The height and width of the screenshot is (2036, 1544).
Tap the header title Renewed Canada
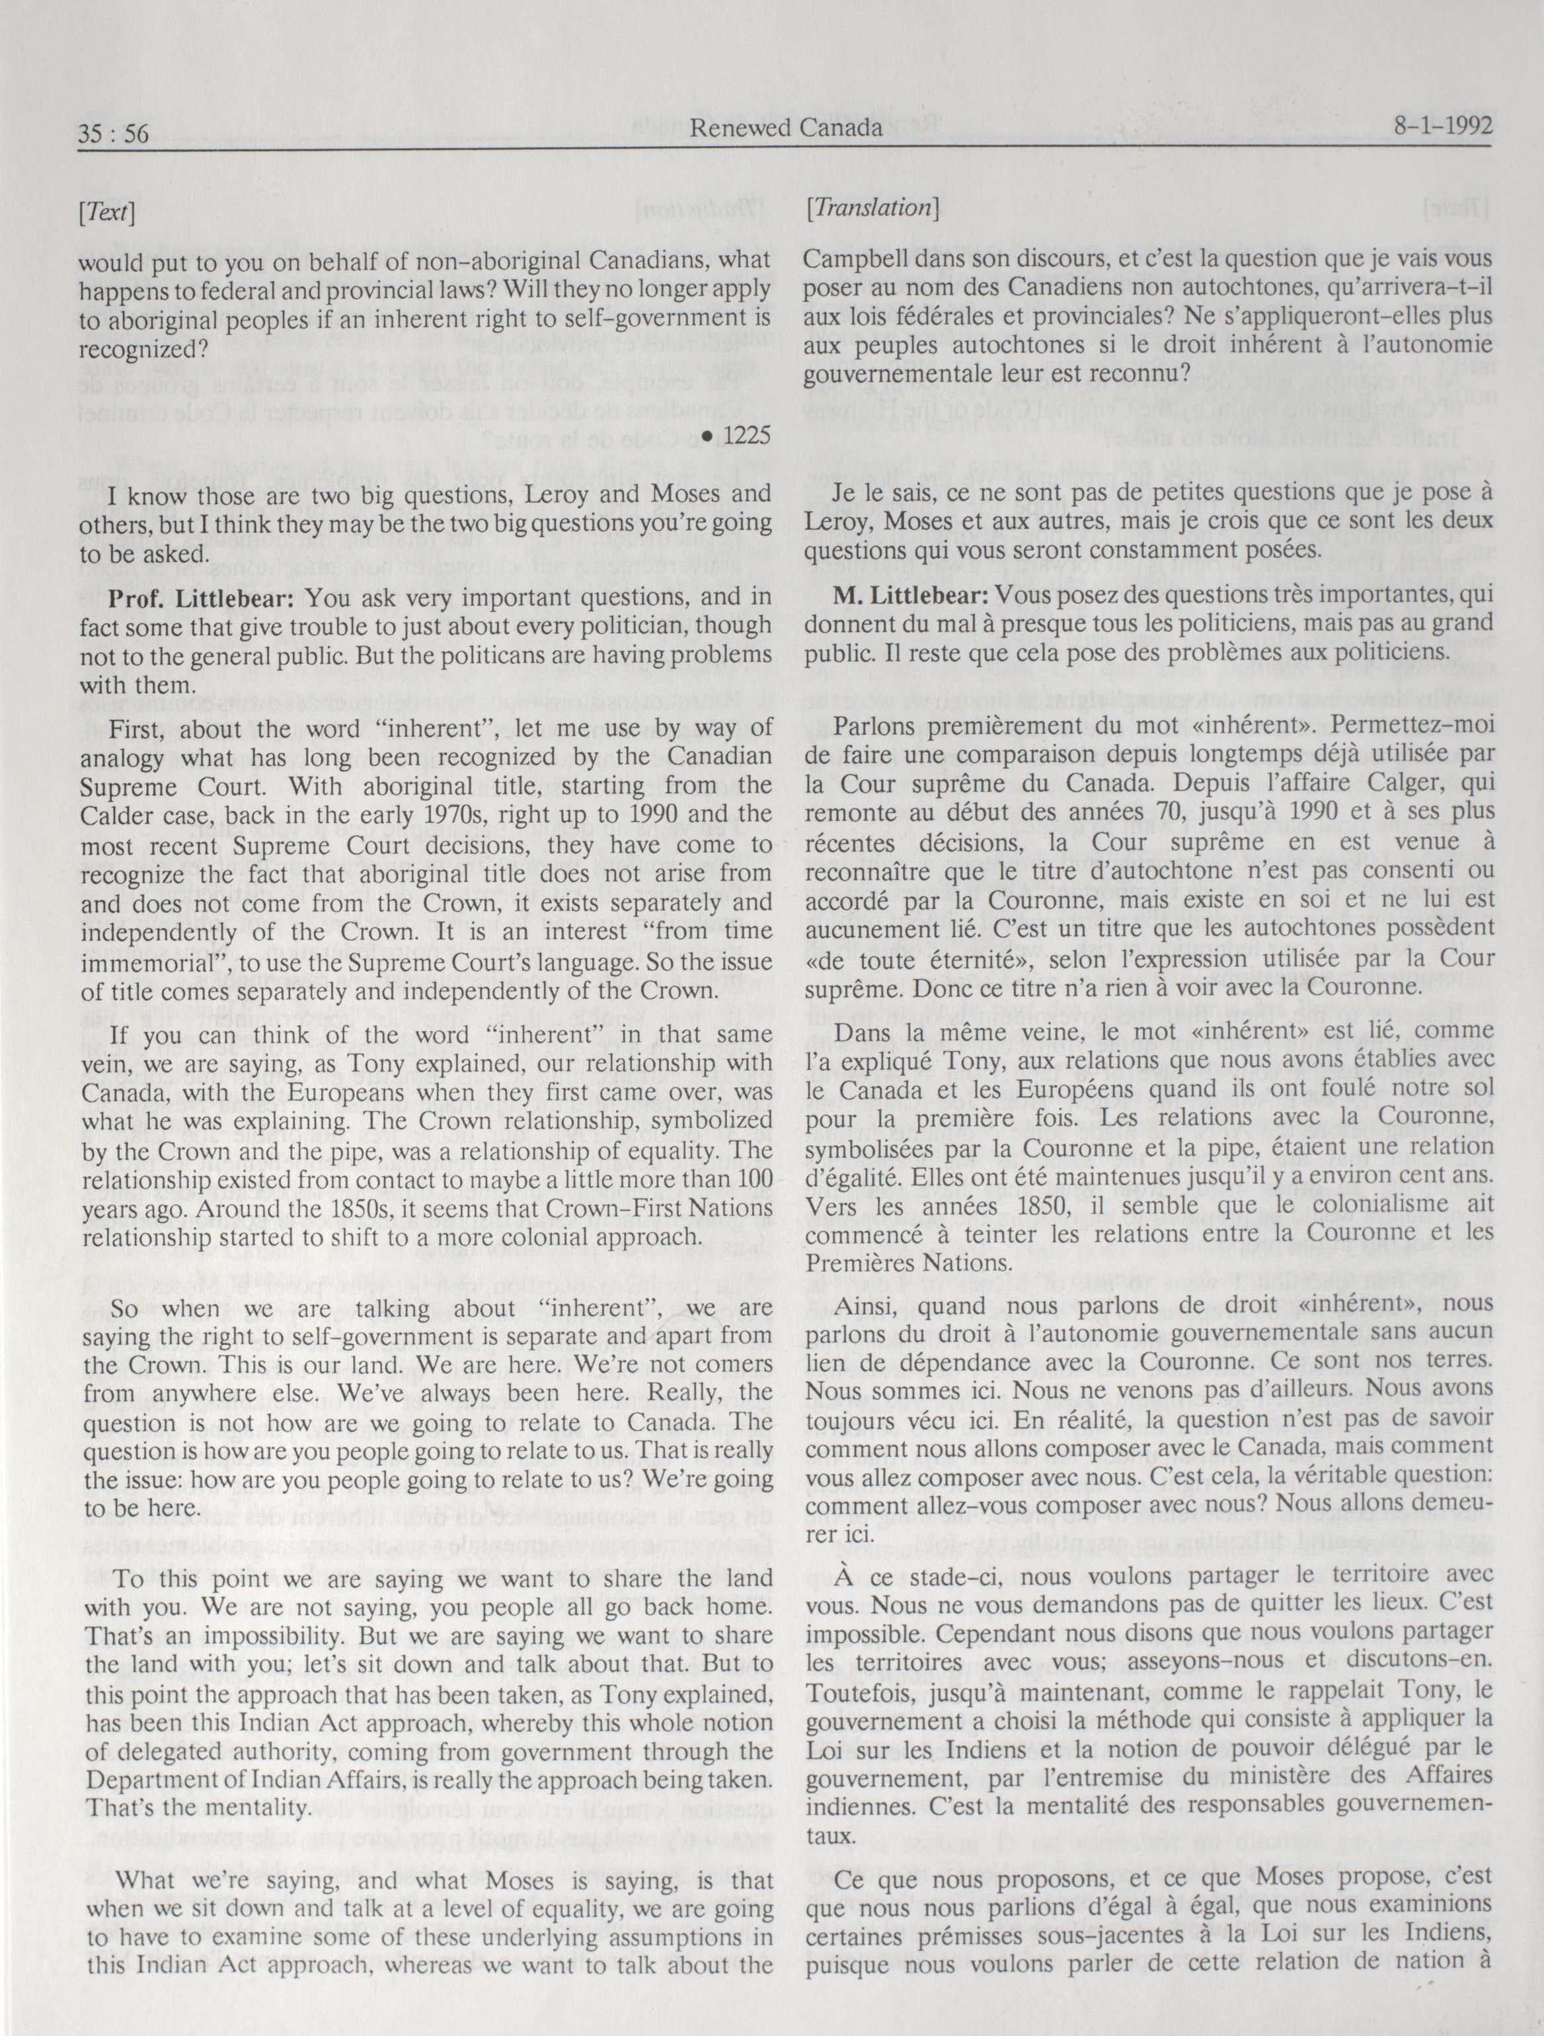(786, 128)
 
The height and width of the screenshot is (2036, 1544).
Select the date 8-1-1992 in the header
(1442, 126)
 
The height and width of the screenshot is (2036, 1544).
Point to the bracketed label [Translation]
(871, 209)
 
